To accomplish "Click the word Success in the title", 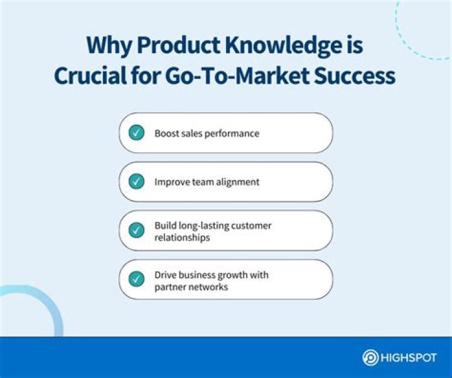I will [x=357, y=75].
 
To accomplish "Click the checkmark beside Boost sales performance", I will [x=136, y=133].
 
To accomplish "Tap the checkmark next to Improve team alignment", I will [x=136, y=182].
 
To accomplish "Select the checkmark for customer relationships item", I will [x=136, y=230].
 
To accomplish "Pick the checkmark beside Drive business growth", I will [x=136, y=279].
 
